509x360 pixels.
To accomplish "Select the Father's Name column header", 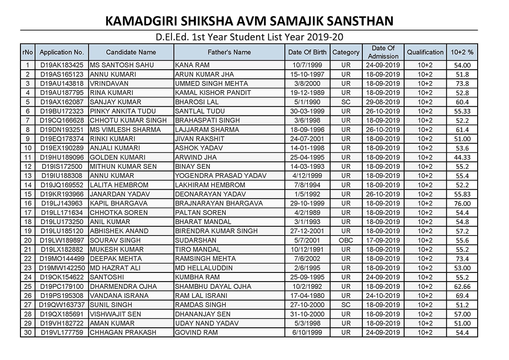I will click(229, 52).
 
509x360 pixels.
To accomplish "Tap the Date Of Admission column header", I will click(383, 52).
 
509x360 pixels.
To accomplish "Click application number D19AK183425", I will click(62, 65).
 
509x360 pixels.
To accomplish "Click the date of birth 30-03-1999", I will click(307, 111).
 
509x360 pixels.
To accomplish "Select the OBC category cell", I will click(346, 240).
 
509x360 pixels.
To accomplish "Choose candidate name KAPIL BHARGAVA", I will click(118, 203).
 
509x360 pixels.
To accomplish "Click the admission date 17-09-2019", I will click(383, 240).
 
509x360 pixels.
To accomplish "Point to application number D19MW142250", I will click(62, 268).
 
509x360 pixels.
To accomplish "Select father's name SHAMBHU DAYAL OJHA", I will click(213, 286).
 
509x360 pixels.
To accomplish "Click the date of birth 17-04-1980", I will click(307, 296).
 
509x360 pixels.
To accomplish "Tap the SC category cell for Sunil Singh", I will click(346, 305).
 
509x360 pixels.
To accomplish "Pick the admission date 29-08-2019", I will click(383, 102).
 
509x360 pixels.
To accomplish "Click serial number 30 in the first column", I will click(27, 333).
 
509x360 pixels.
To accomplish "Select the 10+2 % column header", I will click(462, 52).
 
